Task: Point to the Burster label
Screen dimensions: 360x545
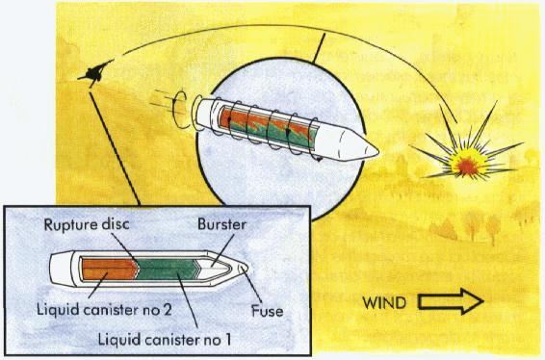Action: (225, 227)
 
